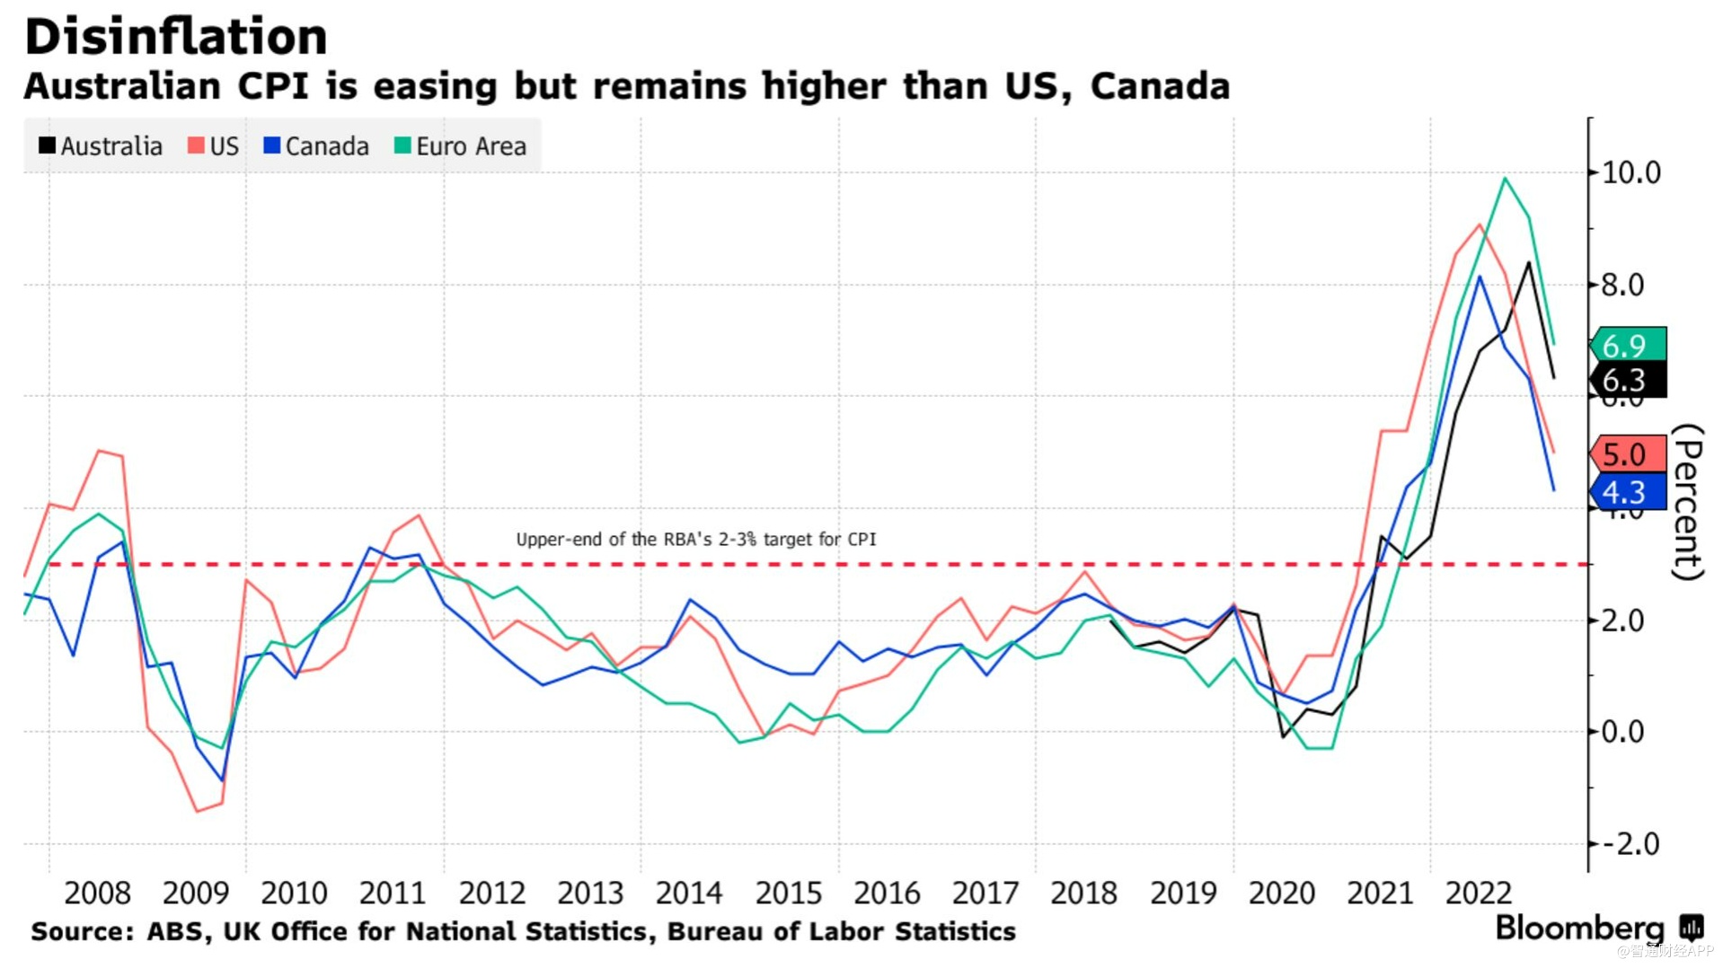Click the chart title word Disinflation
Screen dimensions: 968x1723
click(176, 38)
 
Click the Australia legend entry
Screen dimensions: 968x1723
click(101, 146)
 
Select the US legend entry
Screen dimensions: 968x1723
click(214, 146)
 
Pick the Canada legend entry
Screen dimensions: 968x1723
click(316, 146)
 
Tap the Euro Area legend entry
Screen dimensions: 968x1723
click(460, 146)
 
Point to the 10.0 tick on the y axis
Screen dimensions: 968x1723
click(1630, 172)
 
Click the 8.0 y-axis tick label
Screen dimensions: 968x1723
click(1621, 286)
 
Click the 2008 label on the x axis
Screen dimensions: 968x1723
click(97, 893)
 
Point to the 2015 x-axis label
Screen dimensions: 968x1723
click(788, 893)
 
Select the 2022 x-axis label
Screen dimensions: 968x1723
click(1478, 893)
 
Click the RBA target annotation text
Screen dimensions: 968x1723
click(695, 540)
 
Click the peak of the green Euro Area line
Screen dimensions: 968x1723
click(1505, 179)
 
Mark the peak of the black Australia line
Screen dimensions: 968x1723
click(1528, 263)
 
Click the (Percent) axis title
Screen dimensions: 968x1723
click(1688, 502)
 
